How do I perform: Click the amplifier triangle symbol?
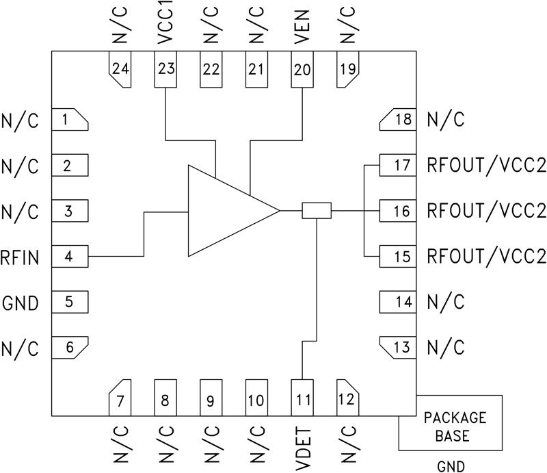[226, 210]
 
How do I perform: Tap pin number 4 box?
[70, 257]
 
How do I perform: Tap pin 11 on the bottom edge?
[302, 396]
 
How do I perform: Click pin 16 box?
[397, 211]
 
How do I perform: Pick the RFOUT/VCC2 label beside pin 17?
[486, 165]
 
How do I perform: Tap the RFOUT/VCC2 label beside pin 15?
[486, 257]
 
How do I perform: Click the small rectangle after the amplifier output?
[317, 210]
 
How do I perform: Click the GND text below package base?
[451, 465]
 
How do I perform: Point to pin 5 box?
[70, 302]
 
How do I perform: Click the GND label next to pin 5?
[21, 302]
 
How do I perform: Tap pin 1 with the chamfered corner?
[70, 120]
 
